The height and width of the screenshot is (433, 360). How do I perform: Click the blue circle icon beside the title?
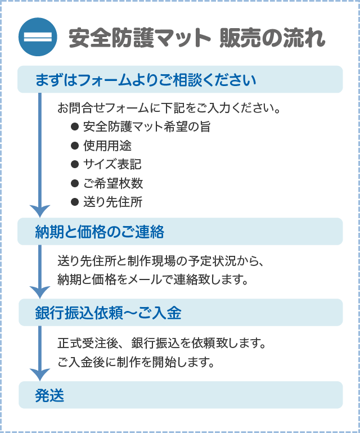click(38, 38)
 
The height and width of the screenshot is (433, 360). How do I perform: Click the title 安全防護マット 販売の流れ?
click(197, 38)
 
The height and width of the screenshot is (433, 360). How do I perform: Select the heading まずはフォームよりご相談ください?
click(146, 80)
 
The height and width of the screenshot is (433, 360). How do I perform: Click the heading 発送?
click(49, 395)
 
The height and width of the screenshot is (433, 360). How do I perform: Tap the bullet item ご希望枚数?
click(112, 183)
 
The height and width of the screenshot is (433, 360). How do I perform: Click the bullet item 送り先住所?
click(112, 202)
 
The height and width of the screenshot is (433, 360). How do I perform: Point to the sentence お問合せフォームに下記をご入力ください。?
click(169, 107)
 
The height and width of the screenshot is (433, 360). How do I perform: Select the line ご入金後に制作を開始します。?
click(136, 362)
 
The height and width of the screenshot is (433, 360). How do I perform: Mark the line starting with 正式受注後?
click(161, 342)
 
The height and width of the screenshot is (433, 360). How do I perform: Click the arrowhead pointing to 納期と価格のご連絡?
click(40, 211)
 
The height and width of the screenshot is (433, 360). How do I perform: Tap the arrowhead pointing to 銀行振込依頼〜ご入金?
click(40, 292)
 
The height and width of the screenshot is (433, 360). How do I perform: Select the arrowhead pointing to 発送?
click(40, 374)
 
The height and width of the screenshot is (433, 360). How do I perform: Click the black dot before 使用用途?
click(74, 146)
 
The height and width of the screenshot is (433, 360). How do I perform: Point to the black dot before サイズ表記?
click(74, 164)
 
